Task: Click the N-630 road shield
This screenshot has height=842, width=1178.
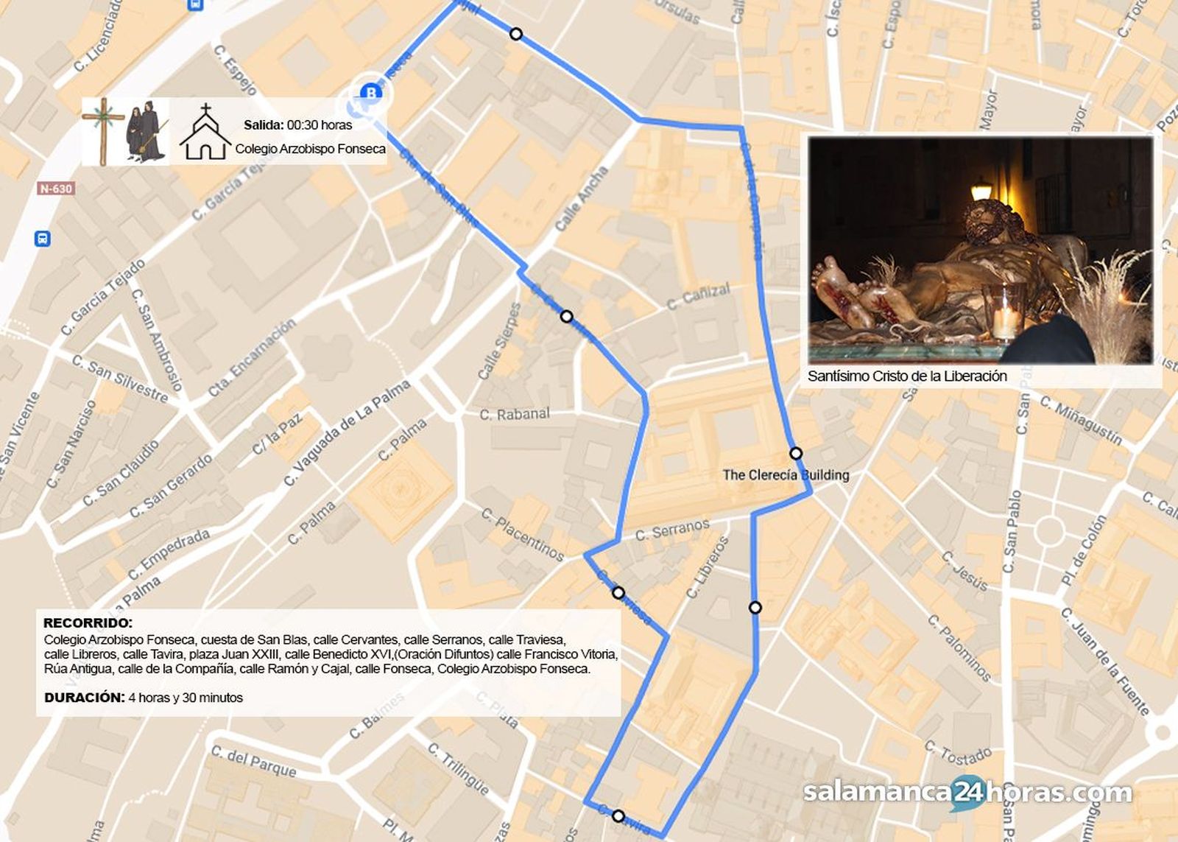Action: pos(56,189)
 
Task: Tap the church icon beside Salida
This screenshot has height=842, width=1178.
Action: pos(205,133)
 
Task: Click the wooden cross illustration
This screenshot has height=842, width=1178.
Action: pos(103,130)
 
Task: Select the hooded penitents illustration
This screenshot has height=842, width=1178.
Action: pos(144,130)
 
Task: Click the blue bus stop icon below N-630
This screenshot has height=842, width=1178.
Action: pos(43,239)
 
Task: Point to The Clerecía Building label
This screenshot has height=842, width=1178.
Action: pos(785,475)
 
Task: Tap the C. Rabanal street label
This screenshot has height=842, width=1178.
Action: pos(514,414)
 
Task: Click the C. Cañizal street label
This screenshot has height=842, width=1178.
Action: pos(698,295)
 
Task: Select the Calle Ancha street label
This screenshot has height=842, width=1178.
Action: pos(581,198)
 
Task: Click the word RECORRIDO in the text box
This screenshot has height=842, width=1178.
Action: pos(88,623)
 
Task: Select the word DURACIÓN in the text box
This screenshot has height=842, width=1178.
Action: pos(84,698)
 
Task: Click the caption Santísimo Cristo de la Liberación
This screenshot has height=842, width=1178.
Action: pos(907,376)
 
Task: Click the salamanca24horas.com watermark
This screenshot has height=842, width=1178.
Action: pos(967,793)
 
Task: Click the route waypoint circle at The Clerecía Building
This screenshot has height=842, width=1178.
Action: pos(795,453)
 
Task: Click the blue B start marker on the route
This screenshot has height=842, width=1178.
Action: pos(370,93)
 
